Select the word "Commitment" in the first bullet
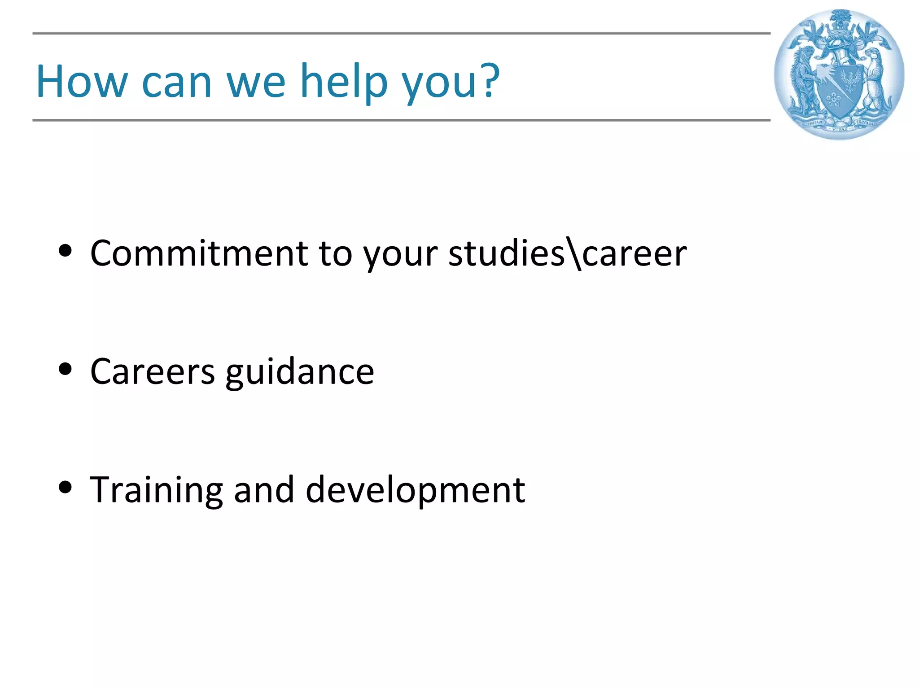[199, 253]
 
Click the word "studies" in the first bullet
[506, 253]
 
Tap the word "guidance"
[299, 373]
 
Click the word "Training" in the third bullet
[156, 490]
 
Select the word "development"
[415, 490]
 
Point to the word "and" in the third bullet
[264, 489]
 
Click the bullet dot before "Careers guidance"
[66, 369]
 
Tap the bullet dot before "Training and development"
[66, 487]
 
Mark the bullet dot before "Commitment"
[66, 251]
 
